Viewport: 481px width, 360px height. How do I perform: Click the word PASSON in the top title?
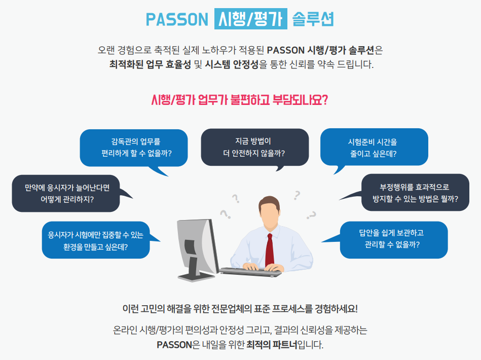coord(177,19)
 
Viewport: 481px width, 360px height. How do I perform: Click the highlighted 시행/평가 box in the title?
coord(250,19)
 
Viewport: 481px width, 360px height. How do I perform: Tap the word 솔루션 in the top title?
coord(313,19)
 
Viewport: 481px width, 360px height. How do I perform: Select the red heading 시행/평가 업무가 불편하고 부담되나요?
coord(240,100)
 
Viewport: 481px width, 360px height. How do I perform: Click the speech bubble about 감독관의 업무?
coord(134,148)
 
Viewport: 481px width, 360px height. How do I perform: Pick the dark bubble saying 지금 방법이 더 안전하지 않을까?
coord(254,148)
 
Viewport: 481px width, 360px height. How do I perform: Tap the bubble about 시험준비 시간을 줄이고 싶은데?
coord(374,148)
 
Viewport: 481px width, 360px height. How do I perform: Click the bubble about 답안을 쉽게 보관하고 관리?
coord(394,240)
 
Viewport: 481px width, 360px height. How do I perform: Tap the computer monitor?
coord(197,249)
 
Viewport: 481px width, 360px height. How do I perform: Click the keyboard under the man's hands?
coord(250,272)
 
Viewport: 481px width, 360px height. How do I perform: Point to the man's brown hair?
coord(269,202)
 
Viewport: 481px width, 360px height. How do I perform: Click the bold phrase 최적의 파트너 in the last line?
coord(272,345)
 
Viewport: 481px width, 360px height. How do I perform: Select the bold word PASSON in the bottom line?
coord(174,345)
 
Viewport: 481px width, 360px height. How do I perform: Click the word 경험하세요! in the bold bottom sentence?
coord(336,308)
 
